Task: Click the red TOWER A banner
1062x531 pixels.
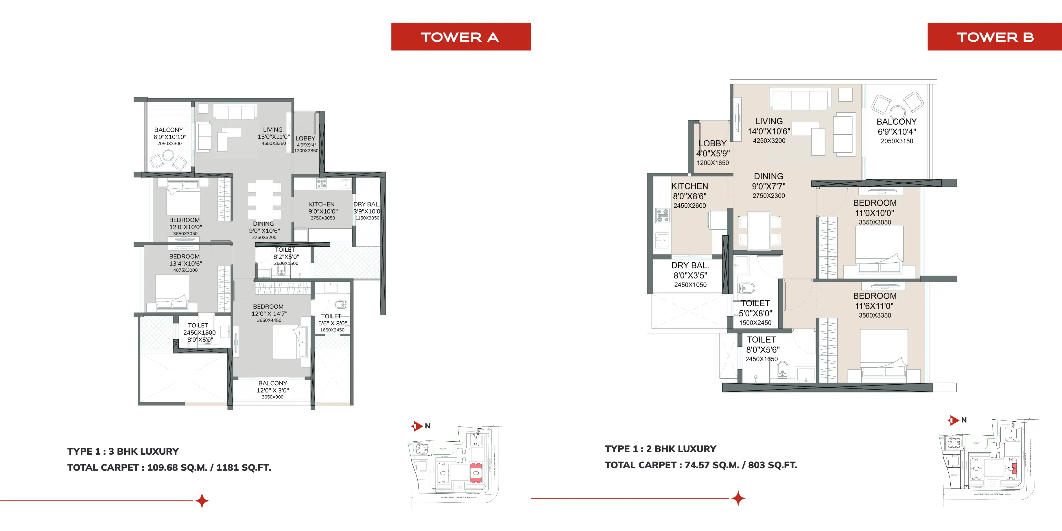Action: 460,37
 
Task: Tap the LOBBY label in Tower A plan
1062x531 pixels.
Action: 305,139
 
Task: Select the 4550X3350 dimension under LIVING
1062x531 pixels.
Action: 273,143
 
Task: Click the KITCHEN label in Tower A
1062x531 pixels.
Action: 322,204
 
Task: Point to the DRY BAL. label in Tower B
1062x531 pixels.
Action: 690,265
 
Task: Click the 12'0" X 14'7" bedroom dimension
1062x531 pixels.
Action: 269,314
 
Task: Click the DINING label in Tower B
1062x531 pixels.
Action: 768,176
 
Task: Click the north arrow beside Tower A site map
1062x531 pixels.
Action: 417,426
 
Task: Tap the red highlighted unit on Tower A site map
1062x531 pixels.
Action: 476,473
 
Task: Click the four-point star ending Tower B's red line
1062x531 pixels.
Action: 738,498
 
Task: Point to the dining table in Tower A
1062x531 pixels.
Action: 264,199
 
